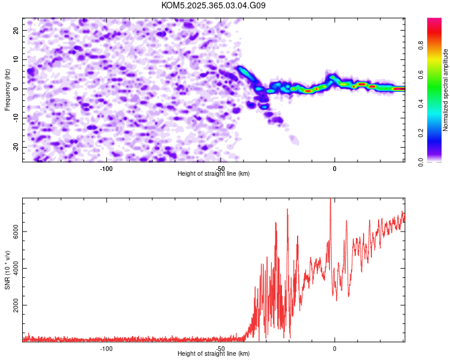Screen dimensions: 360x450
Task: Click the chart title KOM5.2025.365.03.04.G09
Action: (214, 5)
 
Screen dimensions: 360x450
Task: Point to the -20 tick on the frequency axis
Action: (16, 147)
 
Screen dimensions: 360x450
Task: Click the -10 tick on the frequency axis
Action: (16, 118)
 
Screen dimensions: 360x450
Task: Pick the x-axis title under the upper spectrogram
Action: (214, 173)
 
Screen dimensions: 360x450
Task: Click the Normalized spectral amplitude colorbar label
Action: (445, 90)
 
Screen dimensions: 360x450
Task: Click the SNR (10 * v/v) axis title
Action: (8, 270)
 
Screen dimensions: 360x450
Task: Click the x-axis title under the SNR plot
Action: (214, 354)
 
